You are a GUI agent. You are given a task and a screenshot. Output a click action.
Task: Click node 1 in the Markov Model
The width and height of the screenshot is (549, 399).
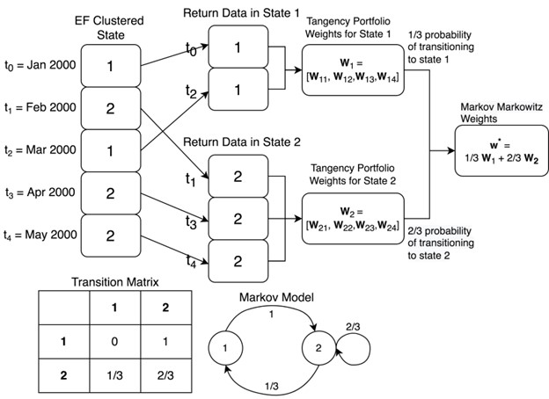[x=227, y=348]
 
